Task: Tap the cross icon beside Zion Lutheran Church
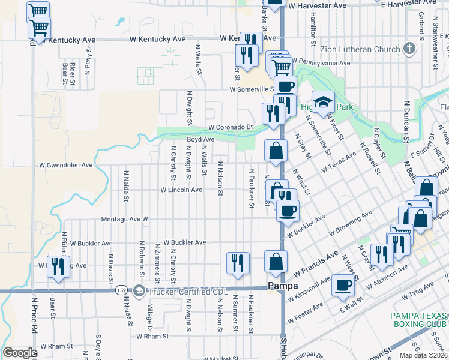[x=409, y=48]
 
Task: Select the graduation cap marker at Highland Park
[x=323, y=102]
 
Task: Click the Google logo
[x=20, y=353]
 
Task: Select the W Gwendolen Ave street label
[x=66, y=164]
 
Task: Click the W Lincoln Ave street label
[x=181, y=190]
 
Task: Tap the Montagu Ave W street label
[x=124, y=220]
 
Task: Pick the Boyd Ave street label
[x=200, y=139]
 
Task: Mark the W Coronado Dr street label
[x=231, y=127]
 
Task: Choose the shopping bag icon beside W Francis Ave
[x=276, y=262]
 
